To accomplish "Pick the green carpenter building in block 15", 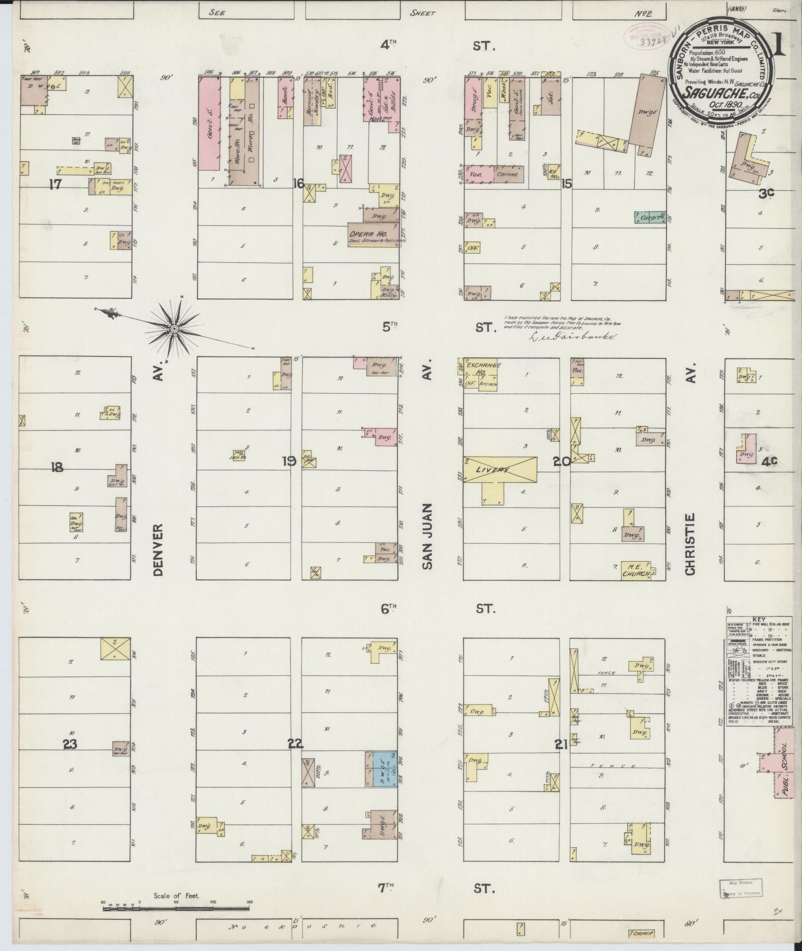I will [x=650, y=217].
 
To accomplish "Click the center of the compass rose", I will [x=175, y=329].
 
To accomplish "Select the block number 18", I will [x=57, y=467].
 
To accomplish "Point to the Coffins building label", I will [x=508, y=174].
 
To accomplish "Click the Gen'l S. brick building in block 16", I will [x=210, y=124].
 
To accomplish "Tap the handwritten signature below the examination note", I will [x=572, y=337].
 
